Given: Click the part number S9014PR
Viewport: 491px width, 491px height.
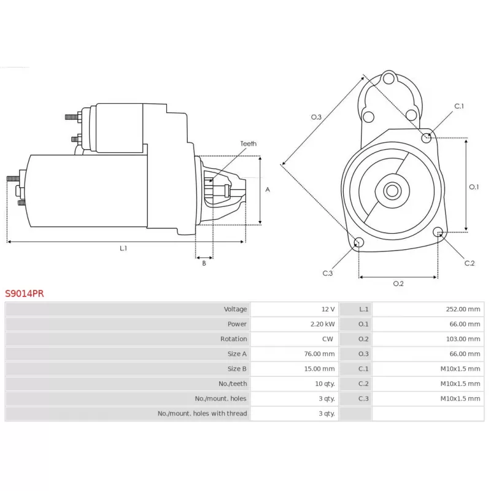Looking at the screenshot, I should (25, 294).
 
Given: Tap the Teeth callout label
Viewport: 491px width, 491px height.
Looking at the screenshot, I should (248, 144).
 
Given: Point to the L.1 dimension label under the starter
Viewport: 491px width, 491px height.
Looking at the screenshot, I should (123, 248).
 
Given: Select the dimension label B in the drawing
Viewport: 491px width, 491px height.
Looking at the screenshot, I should (204, 263).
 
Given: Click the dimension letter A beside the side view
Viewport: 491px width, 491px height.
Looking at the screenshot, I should (268, 190).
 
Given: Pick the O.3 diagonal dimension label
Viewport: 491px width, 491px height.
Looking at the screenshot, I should (317, 117).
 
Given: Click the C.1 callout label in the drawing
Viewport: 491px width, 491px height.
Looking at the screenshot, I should (458, 106).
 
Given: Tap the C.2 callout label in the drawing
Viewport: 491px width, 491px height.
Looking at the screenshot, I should (470, 263).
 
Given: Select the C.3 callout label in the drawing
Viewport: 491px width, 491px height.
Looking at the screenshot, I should (328, 273).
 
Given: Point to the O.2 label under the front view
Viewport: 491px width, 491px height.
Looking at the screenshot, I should (398, 284).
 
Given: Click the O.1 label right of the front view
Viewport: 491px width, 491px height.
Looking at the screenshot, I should (474, 187).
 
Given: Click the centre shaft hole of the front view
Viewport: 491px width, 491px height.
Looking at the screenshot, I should (392, 191).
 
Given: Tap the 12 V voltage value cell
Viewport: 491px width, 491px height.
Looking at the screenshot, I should (327, 309).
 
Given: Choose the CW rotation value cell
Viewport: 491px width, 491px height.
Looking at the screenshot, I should (328, 339).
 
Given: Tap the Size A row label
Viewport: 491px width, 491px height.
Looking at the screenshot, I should (237, 354).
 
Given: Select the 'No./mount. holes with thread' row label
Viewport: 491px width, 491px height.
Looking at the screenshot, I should (202, 414).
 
